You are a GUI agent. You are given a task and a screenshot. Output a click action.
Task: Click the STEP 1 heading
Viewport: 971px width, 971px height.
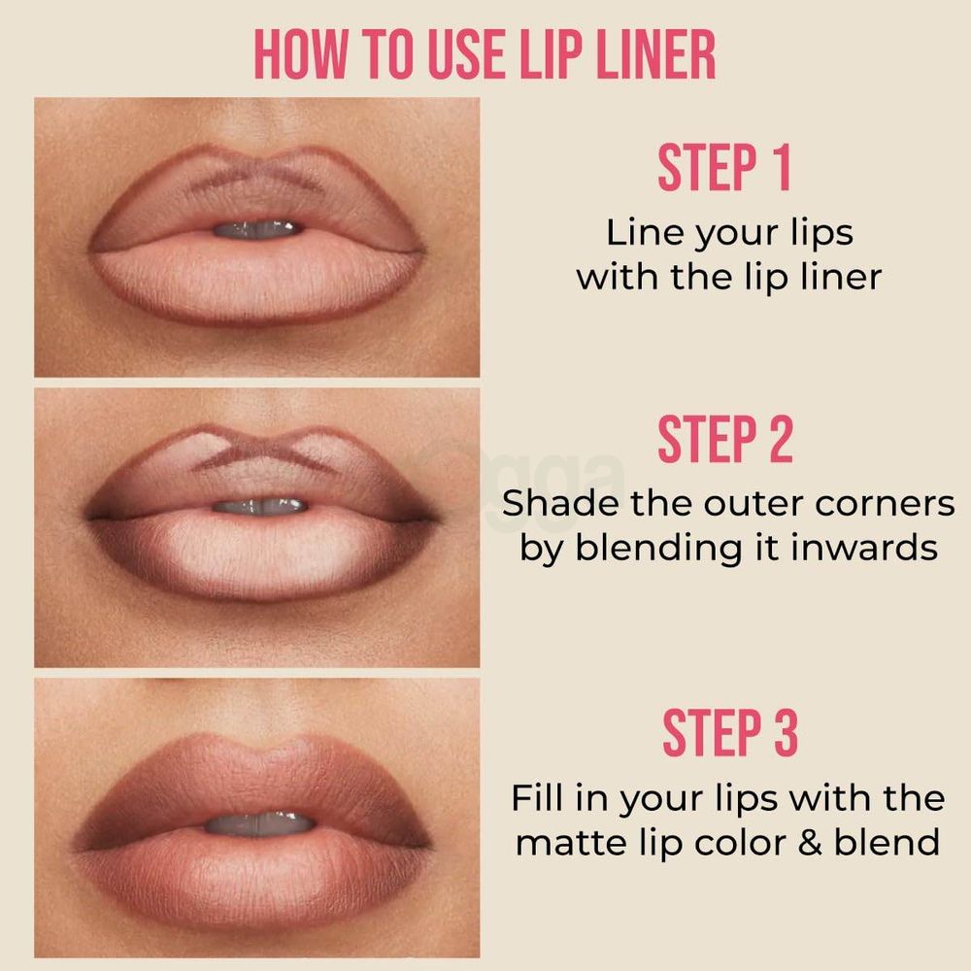pos(724,169)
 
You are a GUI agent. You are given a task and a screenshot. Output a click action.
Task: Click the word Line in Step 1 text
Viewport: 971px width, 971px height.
pos(642,234)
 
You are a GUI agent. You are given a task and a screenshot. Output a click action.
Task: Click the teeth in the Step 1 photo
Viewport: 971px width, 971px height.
pos(256,229)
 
